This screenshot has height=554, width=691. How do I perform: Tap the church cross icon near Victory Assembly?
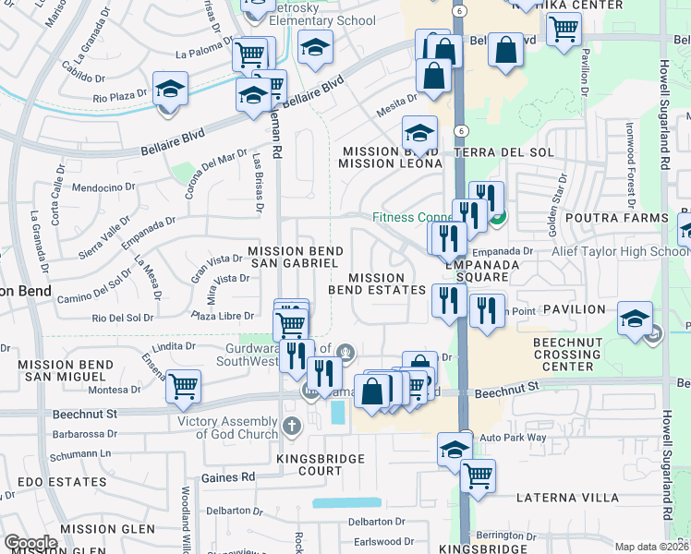coord(292,426)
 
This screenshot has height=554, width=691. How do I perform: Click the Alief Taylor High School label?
coord(620,251)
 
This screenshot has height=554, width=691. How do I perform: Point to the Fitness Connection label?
coord(412,218)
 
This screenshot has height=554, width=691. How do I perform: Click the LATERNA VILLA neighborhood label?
coord(567,498)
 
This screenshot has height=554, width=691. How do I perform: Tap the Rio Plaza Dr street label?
coord(120,95)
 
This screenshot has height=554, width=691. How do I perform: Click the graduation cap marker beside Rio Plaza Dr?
coord(170,90)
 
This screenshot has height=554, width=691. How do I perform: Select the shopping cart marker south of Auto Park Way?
coord(478,476)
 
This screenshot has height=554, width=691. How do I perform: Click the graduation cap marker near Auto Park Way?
coord(454,449)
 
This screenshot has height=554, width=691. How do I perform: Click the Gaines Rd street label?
coord(236,477)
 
